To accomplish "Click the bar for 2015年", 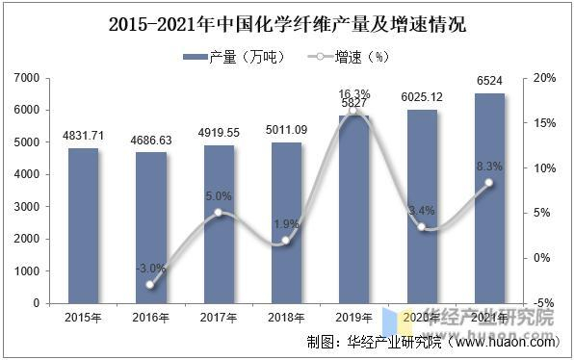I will point(83,225).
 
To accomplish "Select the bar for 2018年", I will point(286,222).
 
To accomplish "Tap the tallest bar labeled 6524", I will point(489,198).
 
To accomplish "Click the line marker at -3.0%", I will point(150,285).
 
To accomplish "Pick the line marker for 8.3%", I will point(489,183).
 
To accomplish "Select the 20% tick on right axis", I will point(543,78).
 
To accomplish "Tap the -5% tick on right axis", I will point(543,303).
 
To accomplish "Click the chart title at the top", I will point(287,25).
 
